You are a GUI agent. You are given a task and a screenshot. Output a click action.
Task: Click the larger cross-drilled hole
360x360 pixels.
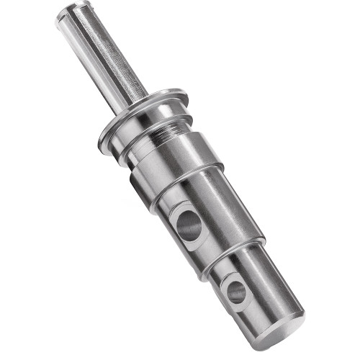[x=189, y=226]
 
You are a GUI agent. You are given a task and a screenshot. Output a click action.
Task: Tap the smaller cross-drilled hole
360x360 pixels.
[x=235, y=291]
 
